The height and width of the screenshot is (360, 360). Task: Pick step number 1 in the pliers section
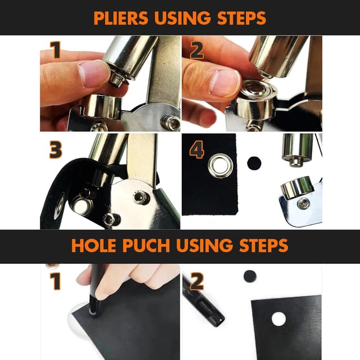click(55, 51)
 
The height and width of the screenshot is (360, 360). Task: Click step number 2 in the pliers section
click(196, 51)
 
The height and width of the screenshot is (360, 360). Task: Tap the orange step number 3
click(55, 149)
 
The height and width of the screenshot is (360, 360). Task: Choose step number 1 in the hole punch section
click(55, 280)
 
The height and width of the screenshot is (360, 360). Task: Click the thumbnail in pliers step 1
click(93, 74)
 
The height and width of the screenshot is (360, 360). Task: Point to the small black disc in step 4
click(254, 163)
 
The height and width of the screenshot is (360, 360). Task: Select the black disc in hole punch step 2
click(250, 276)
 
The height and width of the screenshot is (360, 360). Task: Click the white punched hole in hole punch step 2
click(278, 319)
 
